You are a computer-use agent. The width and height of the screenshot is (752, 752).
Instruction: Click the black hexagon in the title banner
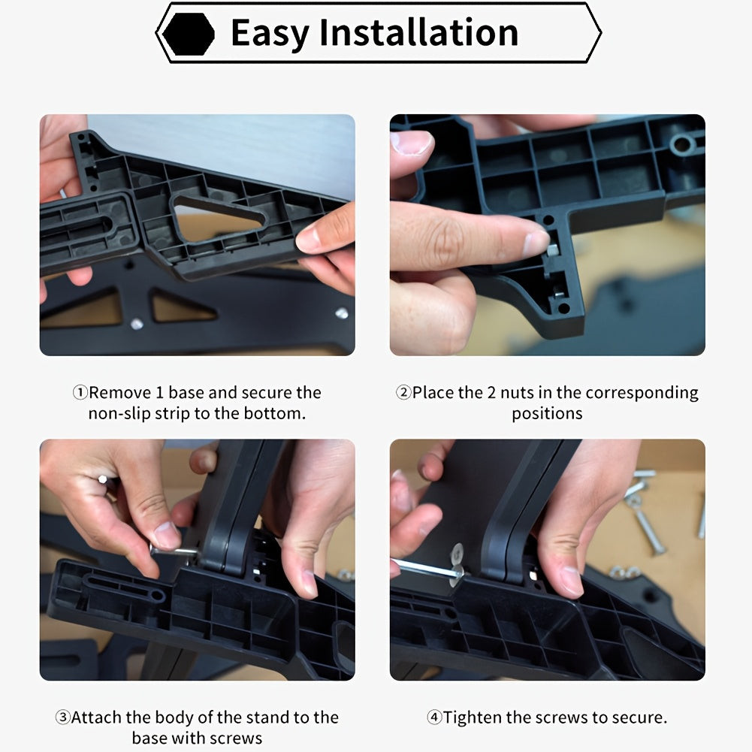click(x=189, y=33)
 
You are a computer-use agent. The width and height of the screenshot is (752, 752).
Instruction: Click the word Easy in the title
click(x=270, y=33)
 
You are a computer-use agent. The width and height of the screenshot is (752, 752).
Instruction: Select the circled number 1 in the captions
click(x=80, y=393)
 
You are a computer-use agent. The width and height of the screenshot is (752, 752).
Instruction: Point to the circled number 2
click(x=403, y=393)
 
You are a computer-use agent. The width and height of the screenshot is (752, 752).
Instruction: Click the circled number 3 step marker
click(x=63, y=717)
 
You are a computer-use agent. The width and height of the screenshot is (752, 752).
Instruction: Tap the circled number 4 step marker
click(x=434, y=717)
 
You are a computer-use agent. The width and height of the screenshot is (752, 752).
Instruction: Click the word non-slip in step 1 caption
click(x=119, y=413)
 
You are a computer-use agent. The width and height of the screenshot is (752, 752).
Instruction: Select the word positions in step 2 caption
click(x=547, y=414)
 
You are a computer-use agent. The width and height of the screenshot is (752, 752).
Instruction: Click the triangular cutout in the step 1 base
click(x=218, y=219)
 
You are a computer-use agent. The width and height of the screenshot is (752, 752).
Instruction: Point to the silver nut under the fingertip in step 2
click(x=552, y=250)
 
